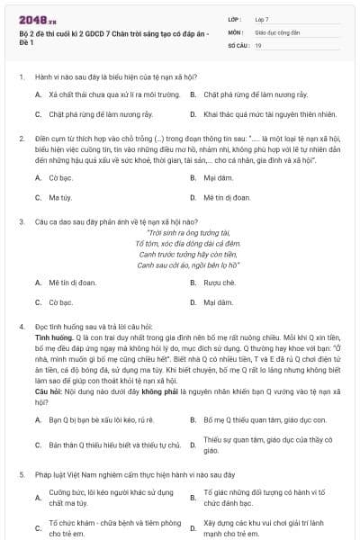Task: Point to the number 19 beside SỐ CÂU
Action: pos(258,44)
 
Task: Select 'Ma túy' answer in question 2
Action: pos(60,196)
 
